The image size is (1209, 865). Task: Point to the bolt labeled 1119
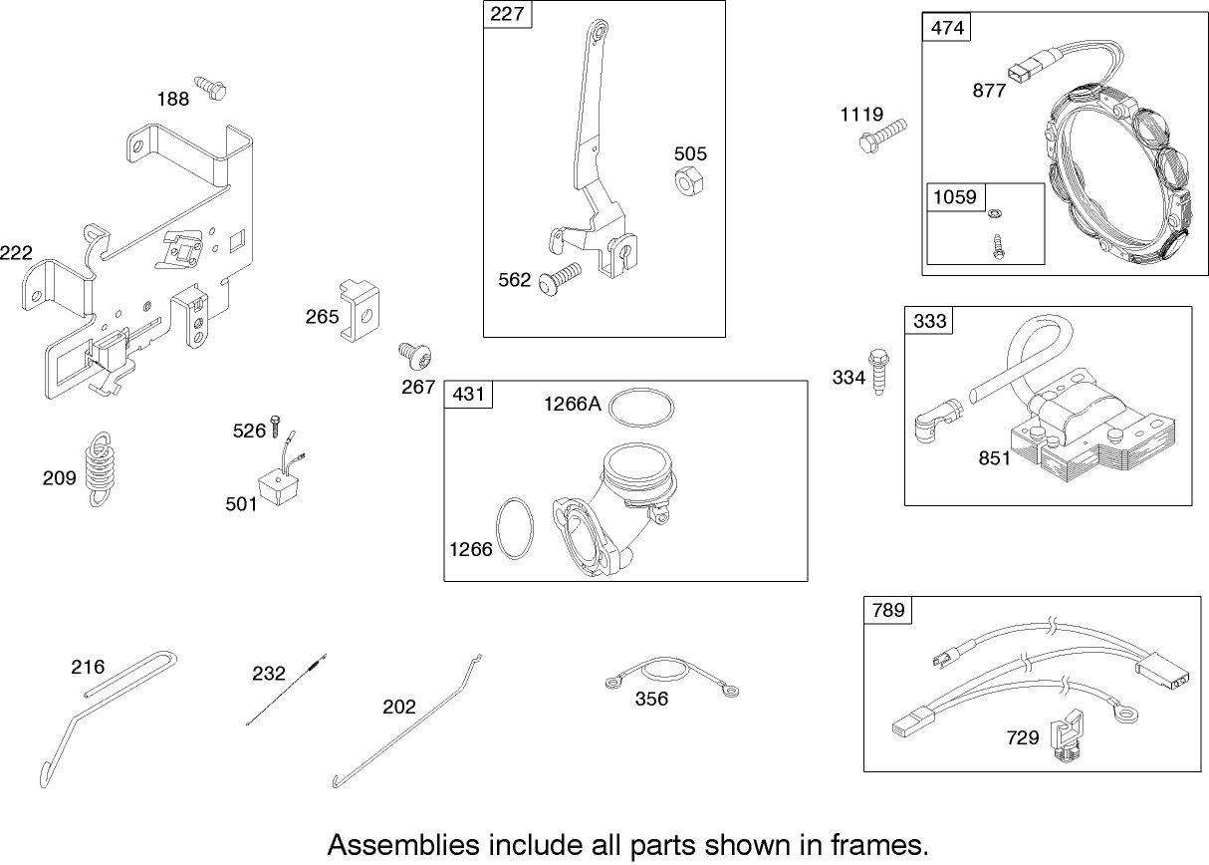[x=881, y=135]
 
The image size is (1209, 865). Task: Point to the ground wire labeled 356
[x=672, y=677]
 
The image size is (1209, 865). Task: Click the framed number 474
[x=947, y=27]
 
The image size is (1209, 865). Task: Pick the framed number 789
[x=888, y=609]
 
